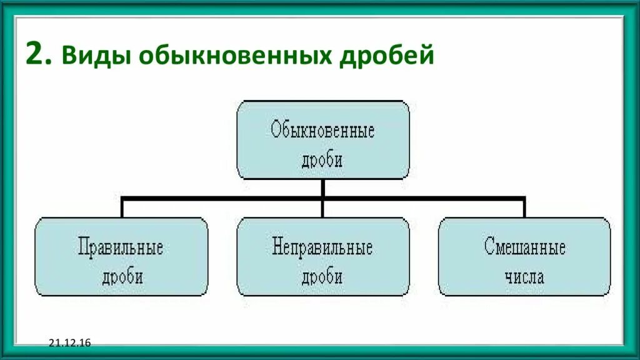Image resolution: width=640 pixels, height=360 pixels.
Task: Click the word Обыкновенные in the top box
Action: (x=322, y=131)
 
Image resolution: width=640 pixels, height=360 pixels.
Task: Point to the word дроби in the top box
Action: (x=322, y=159)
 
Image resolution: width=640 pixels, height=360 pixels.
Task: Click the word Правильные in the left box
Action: (x=121, y=247)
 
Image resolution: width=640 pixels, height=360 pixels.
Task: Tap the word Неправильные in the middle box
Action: (x=322, y=247)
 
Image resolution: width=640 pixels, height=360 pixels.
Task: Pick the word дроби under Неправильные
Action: (x=322, y=276)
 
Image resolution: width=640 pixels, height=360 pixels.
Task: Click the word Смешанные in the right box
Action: (x=525, y=247)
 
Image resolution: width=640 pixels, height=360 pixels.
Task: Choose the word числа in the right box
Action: (x=525, y=276)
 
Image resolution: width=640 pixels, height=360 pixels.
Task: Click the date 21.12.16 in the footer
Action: (x=69, y=342)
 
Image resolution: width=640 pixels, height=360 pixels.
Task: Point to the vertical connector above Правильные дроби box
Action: (x=122, y=208)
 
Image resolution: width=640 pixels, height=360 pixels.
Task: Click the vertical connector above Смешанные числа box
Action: (x=524, y=208)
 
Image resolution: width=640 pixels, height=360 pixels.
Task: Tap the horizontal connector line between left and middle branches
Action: (x=222, y=198)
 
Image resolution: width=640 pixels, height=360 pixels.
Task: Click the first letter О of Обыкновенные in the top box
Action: (x=276, y=131)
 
